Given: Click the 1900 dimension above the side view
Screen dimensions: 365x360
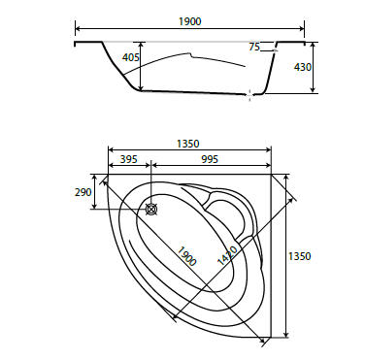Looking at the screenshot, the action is coord(190,21).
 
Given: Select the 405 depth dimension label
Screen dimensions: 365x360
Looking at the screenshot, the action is coord(131,57).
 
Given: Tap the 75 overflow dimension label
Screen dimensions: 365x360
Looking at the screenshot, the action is coord(254,47).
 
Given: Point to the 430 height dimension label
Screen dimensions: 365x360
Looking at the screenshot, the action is coord(303,67).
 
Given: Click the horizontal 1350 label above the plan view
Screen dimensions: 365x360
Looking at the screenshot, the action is coord(188,144).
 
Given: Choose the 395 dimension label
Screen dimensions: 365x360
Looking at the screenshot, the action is coord(129,159).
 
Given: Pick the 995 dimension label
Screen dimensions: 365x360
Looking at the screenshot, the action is coord(210,159).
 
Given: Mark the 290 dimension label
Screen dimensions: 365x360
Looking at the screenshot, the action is coord(83,192).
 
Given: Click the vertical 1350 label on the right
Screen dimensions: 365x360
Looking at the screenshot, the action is coord(299,256).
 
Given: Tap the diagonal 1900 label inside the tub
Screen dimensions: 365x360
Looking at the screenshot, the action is coord(186,256).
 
